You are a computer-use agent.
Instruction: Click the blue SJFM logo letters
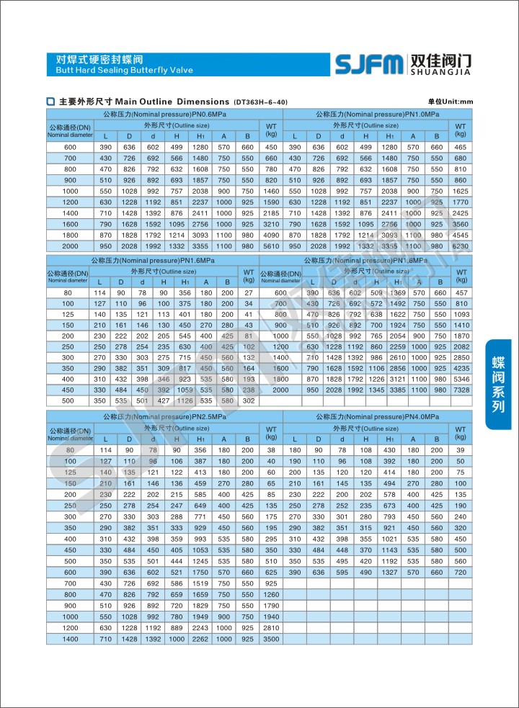(369, 64)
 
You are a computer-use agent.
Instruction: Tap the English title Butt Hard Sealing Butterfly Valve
(120, 70)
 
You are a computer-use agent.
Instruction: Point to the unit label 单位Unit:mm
(450, 102)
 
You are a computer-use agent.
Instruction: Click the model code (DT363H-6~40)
(261, 102)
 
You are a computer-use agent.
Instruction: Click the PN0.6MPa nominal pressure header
(164, 115)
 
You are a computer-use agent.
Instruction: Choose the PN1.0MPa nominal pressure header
(377, 115)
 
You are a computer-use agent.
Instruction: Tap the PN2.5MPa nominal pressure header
(164, 417)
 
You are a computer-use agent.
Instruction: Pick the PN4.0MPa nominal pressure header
(377, 417)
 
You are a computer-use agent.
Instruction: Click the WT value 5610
(271, 246)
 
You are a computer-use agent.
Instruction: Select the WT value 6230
(461, 246)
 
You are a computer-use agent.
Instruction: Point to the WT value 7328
(461, 390)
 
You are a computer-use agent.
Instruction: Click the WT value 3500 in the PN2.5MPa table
(271, 639)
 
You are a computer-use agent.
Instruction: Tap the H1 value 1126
(185, 400)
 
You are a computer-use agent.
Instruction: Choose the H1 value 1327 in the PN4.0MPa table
(389, 573)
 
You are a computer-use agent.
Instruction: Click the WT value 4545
(461, 236)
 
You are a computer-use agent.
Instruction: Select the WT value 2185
(271, 213)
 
